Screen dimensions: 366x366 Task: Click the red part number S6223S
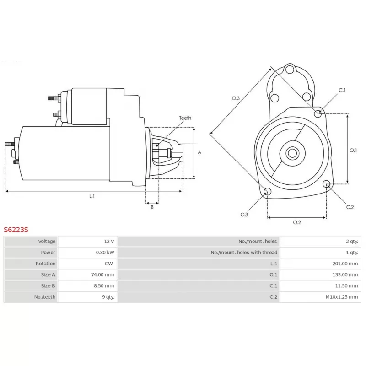[16, 230]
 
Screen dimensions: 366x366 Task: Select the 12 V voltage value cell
[109, 241]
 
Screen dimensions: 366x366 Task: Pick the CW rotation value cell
[109, 264]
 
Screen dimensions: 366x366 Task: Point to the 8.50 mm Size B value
[104, 286]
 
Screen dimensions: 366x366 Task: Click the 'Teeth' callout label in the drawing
[185, 118]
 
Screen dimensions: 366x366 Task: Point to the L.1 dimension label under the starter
[92, 196]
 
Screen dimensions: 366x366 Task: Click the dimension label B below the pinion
[152, 207]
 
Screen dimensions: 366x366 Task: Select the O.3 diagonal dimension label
[236, 98]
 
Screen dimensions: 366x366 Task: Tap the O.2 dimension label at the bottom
[296, 222]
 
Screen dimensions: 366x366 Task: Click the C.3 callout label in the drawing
[244, 215]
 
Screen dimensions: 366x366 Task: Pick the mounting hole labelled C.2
[326, 184]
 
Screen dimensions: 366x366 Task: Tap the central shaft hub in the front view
[292, 153]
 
